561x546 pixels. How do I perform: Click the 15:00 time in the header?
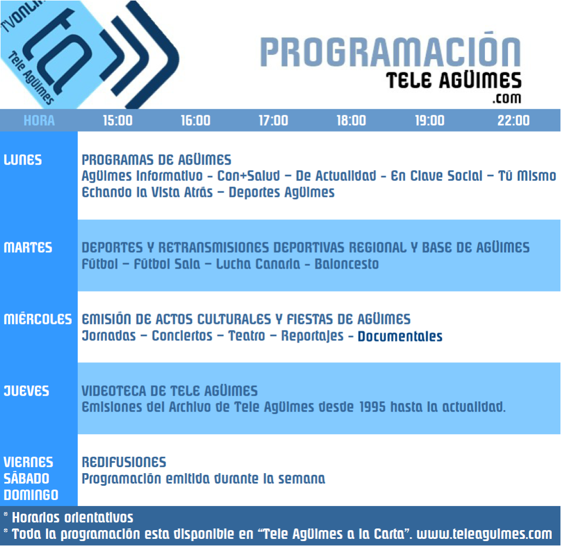pyautogui.click(x=118, y=121)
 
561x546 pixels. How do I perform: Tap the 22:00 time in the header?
pyautogui.click(x=513, y=121)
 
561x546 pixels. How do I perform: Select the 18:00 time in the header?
pyautogui.click(x=351, y=121)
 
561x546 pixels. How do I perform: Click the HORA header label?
pyautogui.click(x=39, y=121)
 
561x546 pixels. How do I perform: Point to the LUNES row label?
pyautogui.click(x=22, y=160)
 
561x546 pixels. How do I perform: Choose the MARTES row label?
pyautogui.click(x=28, y=247)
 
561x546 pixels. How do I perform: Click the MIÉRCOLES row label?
pyautogui.click(x=38, y=318)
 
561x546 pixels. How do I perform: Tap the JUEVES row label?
pyautogui.click(x=26, y=391)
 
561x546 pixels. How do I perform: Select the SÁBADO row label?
pyautogui.click(x=26, y=478)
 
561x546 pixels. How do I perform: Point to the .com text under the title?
pyautogui.click(x=507, y=98)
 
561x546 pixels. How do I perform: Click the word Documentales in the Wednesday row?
pyautogui.click(x=400, y=336)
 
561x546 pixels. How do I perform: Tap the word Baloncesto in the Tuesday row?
pyautogui.click(x=346, y=264)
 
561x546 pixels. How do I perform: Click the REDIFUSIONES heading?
pyautogui.click(x=124, y=462)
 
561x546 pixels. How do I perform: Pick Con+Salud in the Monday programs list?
pyautogui.click(x=249, y=176)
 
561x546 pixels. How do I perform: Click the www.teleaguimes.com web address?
pyautogui.click(x=484, y=534)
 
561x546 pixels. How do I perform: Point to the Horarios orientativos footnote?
pyautogui.click(x=72, y=517)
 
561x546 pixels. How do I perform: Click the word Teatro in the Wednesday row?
pyautogui.click(x=247, y=336)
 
